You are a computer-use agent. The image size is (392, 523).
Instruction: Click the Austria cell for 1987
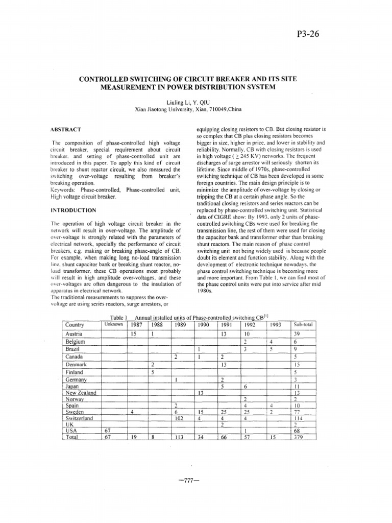[x=133, y=334]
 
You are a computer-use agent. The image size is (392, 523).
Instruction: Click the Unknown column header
[x=113, y=324]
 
